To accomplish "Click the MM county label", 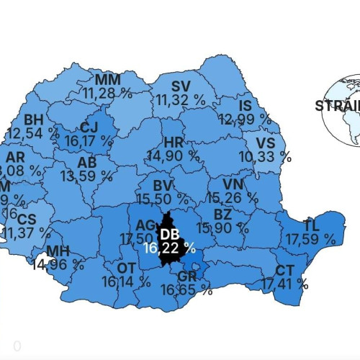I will click(108, 79).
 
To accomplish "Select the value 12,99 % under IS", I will click(245, 119).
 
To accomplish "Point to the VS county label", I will click(275, 141).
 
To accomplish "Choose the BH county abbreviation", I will click(34, 120).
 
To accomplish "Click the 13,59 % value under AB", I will click(87, 175).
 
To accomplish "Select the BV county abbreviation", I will click(163, 185).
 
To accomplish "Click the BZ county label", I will click(224, 215).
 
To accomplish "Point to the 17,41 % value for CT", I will click(284, 285).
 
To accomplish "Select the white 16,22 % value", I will click(169, 248).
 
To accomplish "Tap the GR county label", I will click(187, 276).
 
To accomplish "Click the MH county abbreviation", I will click(58, 251).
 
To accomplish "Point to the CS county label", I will click(26, 219).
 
